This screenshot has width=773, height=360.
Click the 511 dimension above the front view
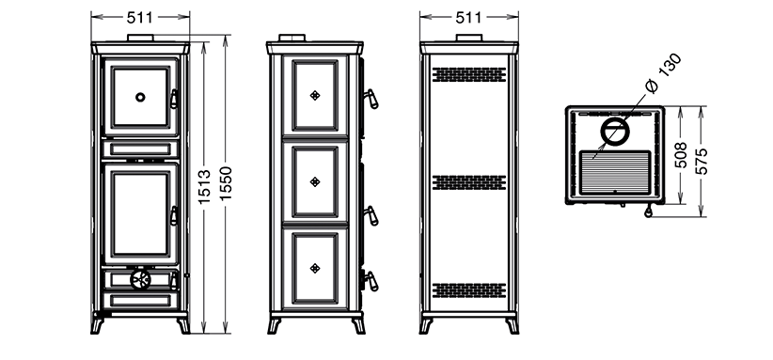140,17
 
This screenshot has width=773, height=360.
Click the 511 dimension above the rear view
469,17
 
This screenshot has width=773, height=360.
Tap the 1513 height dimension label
205,187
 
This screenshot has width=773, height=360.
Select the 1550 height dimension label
226,183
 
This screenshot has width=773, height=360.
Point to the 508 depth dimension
680,155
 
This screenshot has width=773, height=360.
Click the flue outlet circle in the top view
615,132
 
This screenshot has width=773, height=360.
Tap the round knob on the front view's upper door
140,97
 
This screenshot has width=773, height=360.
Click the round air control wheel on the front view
140,279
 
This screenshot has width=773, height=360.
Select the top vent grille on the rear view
469,74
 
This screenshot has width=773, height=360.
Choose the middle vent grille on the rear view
469,182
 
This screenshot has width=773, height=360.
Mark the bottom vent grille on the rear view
469,290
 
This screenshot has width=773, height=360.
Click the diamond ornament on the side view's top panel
315,96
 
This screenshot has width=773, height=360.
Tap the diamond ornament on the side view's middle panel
315,181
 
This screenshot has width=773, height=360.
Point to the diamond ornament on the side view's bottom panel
315,268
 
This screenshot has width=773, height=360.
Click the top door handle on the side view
371,99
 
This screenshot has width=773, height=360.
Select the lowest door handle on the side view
371,281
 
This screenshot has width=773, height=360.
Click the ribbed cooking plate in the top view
615,172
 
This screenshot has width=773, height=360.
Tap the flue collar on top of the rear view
469,38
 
